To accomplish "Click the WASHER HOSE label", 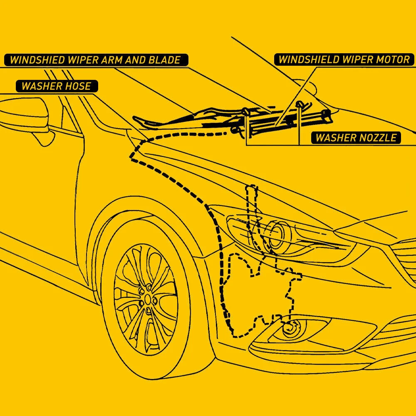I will coord(56,87).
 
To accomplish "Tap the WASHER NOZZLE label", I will coord(356,138).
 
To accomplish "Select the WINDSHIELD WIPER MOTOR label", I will coord(344,59).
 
